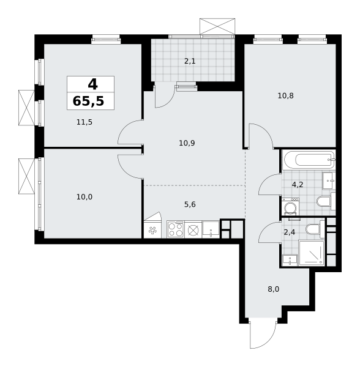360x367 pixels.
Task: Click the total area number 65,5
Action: [x=90, y=102]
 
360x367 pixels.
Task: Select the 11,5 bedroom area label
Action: [x=84, y=122]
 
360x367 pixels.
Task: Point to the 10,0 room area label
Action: [x=84, y=197]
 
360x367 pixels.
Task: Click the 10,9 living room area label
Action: [x=187, y=143]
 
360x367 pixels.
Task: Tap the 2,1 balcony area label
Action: [x=190, y=61]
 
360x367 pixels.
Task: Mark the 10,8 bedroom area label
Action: [x=286, y=95]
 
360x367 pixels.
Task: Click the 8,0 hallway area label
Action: [x=273, y=289]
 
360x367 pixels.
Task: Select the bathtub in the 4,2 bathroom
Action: [x=308, y=160]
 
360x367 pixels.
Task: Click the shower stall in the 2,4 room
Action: [x=311, y=253]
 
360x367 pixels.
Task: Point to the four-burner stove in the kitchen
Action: [x=176, y=229]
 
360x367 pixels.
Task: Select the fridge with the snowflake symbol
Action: [x=152, y=230]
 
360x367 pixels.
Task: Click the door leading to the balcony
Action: [x=164, y=97]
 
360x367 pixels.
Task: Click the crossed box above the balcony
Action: [x=217, y=27]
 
